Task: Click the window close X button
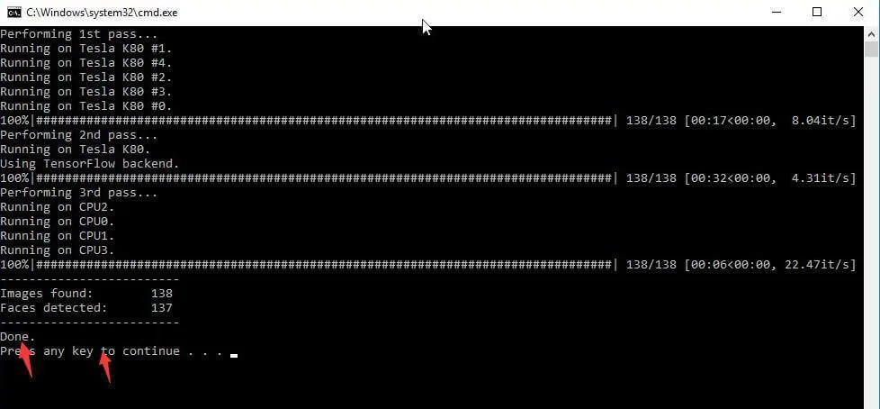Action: pos(858,12)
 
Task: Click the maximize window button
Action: pos(817,12)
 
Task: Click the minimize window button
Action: pos(777,12)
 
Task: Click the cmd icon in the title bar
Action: pos(14,13)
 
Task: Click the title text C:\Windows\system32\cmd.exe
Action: pos(102,13)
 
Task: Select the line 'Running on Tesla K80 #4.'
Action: pos(85,63)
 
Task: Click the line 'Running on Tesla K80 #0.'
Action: pos(85,106)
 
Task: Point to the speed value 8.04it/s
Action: pos(823,121)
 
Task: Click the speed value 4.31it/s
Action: pos(823,178)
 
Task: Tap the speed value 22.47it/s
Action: pos(820,265)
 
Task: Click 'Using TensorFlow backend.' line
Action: pos(90,164)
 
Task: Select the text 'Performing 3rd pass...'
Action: pos(78,193)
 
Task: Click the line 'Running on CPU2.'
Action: pos(58,206)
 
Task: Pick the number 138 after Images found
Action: pos(162,294)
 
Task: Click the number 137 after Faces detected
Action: pos(162,308)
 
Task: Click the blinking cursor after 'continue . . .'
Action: pos(233,355)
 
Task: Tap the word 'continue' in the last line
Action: pos(151,351)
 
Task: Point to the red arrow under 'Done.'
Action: pos(26,359)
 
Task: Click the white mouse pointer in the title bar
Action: pos(427,27)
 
